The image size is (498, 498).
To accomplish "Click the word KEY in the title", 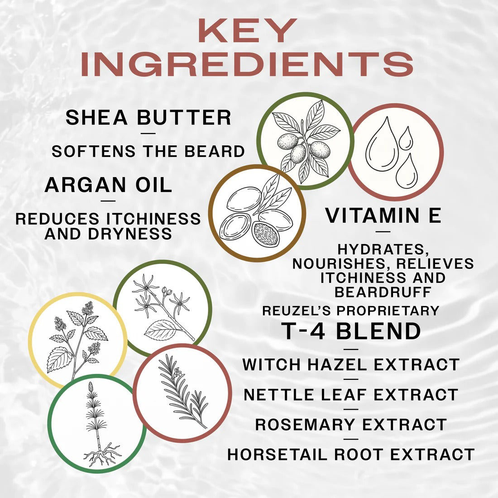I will pyautogui.click(x=247, y=31).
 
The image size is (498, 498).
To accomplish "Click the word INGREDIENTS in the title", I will pyautogui.click(x=247, y=64).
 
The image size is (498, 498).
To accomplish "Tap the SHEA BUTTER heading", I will pyautogui.click(x=148, y=118).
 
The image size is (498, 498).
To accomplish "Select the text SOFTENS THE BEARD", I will pyautogui.click(x=148, y=151).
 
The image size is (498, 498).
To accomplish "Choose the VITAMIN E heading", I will pyautogui.click(x=383, y=215).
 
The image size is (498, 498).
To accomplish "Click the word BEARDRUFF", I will pyautogui.click(x=383, y=292).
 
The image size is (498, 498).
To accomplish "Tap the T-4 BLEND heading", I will pyautogui.click(x=351, y=331).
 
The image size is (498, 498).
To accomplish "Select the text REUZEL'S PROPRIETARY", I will pyautogui.click(x=351, y=311).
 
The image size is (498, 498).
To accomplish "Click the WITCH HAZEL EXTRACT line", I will pyautogui.click(x=351, y=364).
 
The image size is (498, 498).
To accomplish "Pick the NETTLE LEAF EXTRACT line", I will pyautogui.click(x=351, y=394).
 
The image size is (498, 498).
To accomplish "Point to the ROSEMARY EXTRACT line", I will pyautogui.click(x=351, y=425).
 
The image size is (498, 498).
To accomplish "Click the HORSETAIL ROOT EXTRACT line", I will pyautogui.click(x=351, y=454).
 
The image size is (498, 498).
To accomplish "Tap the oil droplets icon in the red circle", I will pyautogui.click(x=395, y=152).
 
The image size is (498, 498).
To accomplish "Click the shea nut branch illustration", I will pyautogui.click(x=305, y=141).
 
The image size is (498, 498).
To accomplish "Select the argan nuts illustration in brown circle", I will pyautogui.click(x=257, y=213).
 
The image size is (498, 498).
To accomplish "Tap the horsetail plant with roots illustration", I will pyautogui.click(x=97, y=424).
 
